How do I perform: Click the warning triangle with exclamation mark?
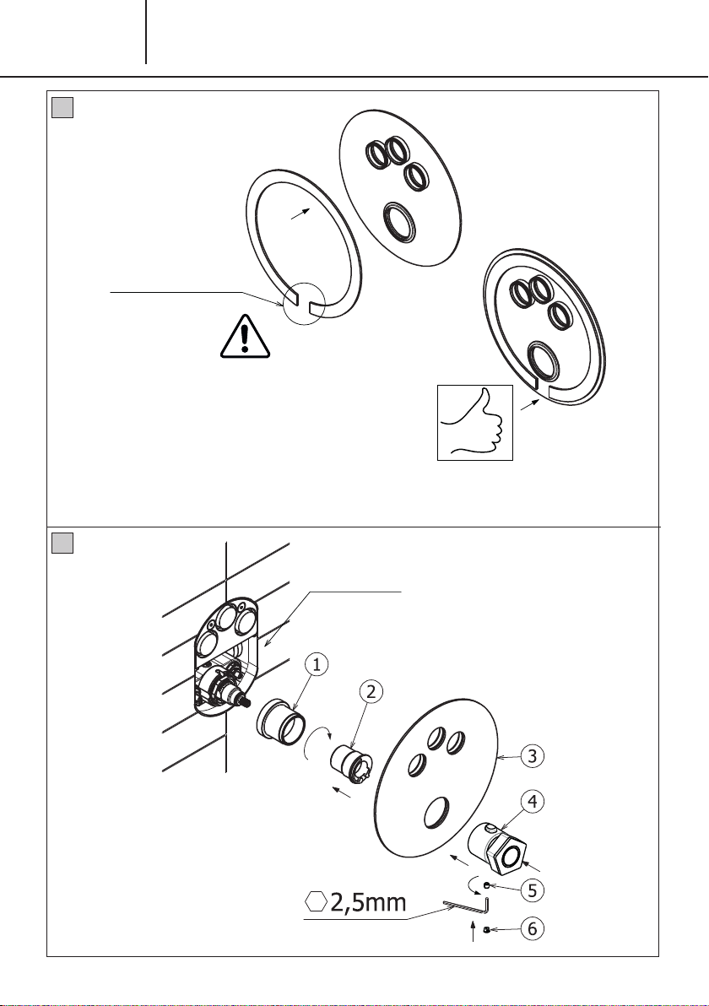245,336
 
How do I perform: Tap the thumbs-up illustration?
475,423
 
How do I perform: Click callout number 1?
317,665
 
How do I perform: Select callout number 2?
371,691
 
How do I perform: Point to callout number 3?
532,756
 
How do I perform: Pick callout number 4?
532,801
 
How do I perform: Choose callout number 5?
532,890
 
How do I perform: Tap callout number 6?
532,928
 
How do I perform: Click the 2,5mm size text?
368,903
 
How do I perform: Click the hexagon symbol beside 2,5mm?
316,902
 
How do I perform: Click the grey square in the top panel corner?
62,107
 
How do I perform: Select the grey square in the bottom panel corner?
62,544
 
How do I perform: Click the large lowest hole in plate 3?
437,814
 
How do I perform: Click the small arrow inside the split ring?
300,214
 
